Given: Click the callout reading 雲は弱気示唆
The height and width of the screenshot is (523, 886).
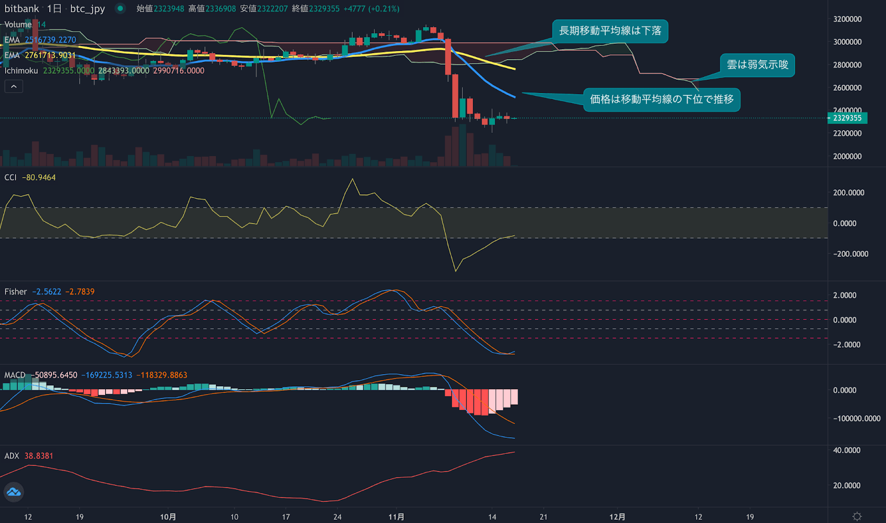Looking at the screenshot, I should click(x=757, y=65).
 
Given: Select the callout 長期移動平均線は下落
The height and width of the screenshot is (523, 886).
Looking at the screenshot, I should click(x=610, y=31).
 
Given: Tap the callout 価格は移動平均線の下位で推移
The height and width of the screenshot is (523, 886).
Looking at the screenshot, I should click(x=661, y=100).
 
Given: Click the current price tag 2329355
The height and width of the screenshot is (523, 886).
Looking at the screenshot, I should click(x=847, y=118).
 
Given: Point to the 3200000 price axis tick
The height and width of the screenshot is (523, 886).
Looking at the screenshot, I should click(x=847, y=19).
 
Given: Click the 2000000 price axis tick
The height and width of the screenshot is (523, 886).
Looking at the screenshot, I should click(x=847, y=157).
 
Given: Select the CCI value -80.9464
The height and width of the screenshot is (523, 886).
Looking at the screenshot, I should click(x=39, y=178).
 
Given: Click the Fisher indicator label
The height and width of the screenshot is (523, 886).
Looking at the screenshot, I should click(x=16, y=292).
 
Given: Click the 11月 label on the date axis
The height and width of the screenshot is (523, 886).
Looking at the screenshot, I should click(x=396, y=517).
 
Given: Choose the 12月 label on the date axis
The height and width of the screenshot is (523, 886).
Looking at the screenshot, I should click(x=617, y=517).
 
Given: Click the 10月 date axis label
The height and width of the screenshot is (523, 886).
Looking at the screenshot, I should click(x=168, y=517).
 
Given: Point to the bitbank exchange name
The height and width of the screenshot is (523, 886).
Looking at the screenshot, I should click(x=22, y=9).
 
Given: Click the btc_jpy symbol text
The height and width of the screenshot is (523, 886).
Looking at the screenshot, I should click(x=87, y=9).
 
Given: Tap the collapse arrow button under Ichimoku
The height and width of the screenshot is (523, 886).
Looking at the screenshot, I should click(x=14, y=86).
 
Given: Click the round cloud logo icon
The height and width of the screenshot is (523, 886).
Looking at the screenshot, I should click(x=13, y=491).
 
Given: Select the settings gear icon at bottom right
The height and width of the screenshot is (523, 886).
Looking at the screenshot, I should click(x=857, y=516).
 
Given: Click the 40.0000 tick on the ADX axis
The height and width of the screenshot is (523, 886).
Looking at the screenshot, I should click(x=847, y=450).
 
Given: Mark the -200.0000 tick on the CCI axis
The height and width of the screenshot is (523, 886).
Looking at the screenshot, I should click(x=851, y=254).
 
